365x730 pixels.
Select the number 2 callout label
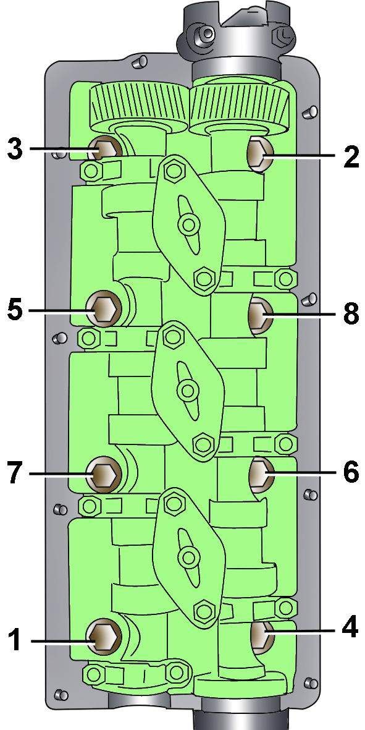click(x=351, y=158)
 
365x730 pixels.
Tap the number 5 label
click(x=15, y=310)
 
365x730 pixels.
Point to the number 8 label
click(x=351, y=315)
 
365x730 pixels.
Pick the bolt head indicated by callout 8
click(x=261, y=314)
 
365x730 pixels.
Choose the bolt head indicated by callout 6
click(x=261, y=474)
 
